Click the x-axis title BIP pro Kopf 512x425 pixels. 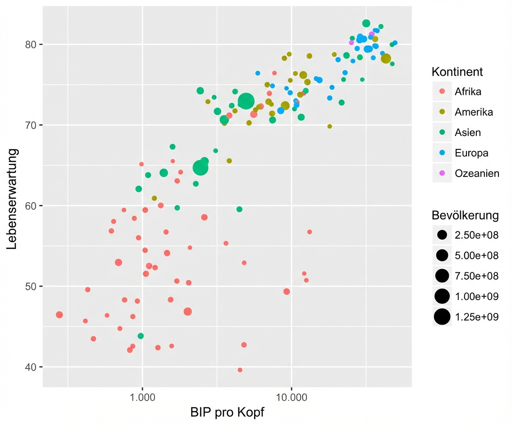[x=227, y=412]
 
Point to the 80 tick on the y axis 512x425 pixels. [x=34, y=44]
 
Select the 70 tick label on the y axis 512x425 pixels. [x=34, y=125]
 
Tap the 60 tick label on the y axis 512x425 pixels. [x=34, y=206]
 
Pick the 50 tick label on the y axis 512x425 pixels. [x=34, y=286]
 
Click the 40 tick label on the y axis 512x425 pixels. [x=34, y=367]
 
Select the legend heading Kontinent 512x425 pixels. [x=457, y=72]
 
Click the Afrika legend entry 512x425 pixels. [x=468, y=92]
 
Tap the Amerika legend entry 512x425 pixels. [x=474, y=112]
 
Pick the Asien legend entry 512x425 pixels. [x=467, y=132]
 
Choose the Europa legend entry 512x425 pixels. [x=471, y=153]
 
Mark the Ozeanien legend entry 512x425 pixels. [x=477, y=173]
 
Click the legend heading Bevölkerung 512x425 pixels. [x=465, y=215]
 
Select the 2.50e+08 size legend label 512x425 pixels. [x=476, y=235]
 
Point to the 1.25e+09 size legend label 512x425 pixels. [x=476, y=317]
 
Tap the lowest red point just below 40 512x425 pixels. [x=240, y=370]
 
